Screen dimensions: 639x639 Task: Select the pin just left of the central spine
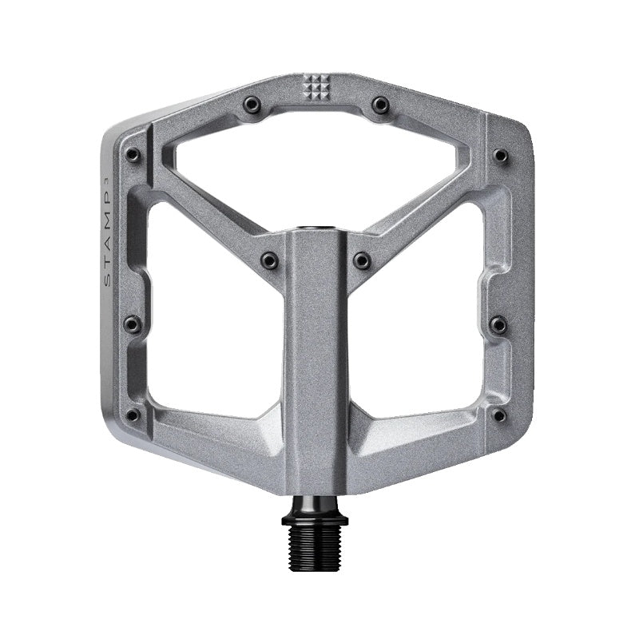tap(270, 260)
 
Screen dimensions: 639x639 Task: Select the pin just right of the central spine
tap(362, 260)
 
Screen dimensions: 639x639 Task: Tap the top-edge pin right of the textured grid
tap(380, 104)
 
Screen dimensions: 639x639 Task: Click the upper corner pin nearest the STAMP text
tap(133, 154)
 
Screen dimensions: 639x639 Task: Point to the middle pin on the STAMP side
tap(133, 323)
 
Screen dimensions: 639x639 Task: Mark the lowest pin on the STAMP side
tap(133, 415)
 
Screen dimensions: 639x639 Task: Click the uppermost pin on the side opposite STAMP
tap(500, 155)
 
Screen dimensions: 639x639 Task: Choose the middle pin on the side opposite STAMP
tap(498, 323)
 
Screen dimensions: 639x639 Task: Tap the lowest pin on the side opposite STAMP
tap(498, 415)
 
